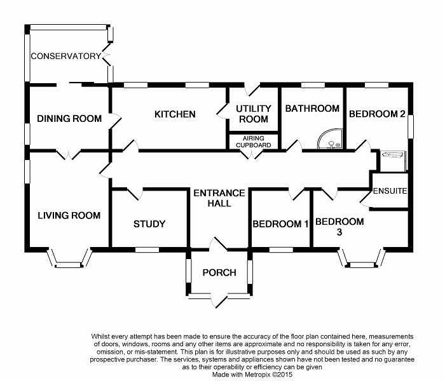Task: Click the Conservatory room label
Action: pyautogui.click(x=66, y=56)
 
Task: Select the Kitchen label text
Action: pyautogui.click(x=175, y=114)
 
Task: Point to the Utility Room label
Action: pyautogui.click(x=253, y=114)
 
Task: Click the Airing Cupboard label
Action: pyautogui.click(x=254, y=141)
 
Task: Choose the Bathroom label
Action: pyautogui.click(x=312, y=109)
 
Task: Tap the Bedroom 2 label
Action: pyautogui.click(x=377, y=114)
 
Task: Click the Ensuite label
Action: pyautogui.click(x=389, y=191)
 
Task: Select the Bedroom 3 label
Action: pyautogui.click(x=340, y=227)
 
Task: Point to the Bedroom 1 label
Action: pyautogui.click(x=280, y=224)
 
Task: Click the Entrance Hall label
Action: pyautogui.click(x=219, y=198)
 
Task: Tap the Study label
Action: pyautogui.click(x=149, y=224)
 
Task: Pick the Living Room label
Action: pyautogui.click(x=69, y=215)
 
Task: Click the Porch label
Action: pyautogui.click(x=219, y=272)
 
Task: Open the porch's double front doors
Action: pyautogui.click(x=219, y=298)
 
